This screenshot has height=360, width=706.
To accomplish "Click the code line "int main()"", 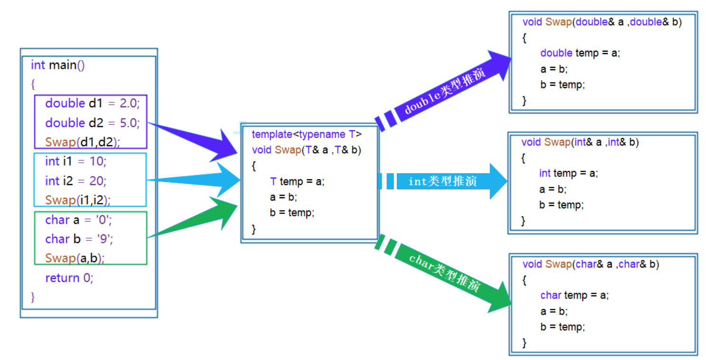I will coord(58,65).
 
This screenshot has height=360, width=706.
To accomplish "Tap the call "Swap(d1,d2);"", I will coord(83,142).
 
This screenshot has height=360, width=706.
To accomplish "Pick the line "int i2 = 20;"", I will coord(76,181).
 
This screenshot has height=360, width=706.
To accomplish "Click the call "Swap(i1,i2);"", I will coord(78,200).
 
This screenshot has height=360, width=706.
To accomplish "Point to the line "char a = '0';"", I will coord(78,220).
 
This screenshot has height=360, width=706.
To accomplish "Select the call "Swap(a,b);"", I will coord(75,258).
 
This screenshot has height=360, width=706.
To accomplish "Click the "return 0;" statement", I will coord(69,278).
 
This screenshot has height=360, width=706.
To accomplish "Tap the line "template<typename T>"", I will coord(307,135).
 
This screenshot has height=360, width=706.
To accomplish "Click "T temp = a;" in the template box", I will coord(297,182).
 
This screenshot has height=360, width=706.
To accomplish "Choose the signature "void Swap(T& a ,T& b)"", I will coord(306,150).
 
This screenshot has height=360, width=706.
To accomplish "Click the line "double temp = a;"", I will coord(580,53).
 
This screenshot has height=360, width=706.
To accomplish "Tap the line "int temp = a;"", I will coord(568,174).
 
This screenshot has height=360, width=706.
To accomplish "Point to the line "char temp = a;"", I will coord(574,295).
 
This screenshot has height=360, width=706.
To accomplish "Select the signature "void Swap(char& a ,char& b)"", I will coord(591,265).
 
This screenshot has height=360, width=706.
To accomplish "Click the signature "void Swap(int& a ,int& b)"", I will coord(580,142).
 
